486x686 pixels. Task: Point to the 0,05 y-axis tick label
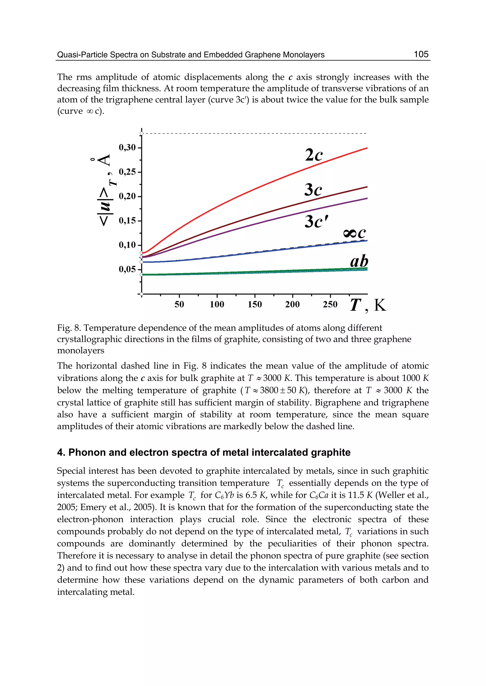(x=127, y=269)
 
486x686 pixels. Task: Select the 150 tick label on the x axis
(x=255, y=304)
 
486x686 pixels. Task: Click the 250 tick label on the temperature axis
(x=330, y=304)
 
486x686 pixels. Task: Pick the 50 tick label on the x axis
(x=179, y=304)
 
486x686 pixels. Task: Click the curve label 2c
(x=314, y=155)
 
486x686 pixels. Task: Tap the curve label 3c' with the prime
(x=317, y=222)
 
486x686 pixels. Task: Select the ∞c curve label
(x=354, y=233)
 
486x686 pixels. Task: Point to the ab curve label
(x=359, y=261)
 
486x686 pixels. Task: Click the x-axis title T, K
(x=368, y=305)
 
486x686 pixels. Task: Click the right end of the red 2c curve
(x=367, y=148)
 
